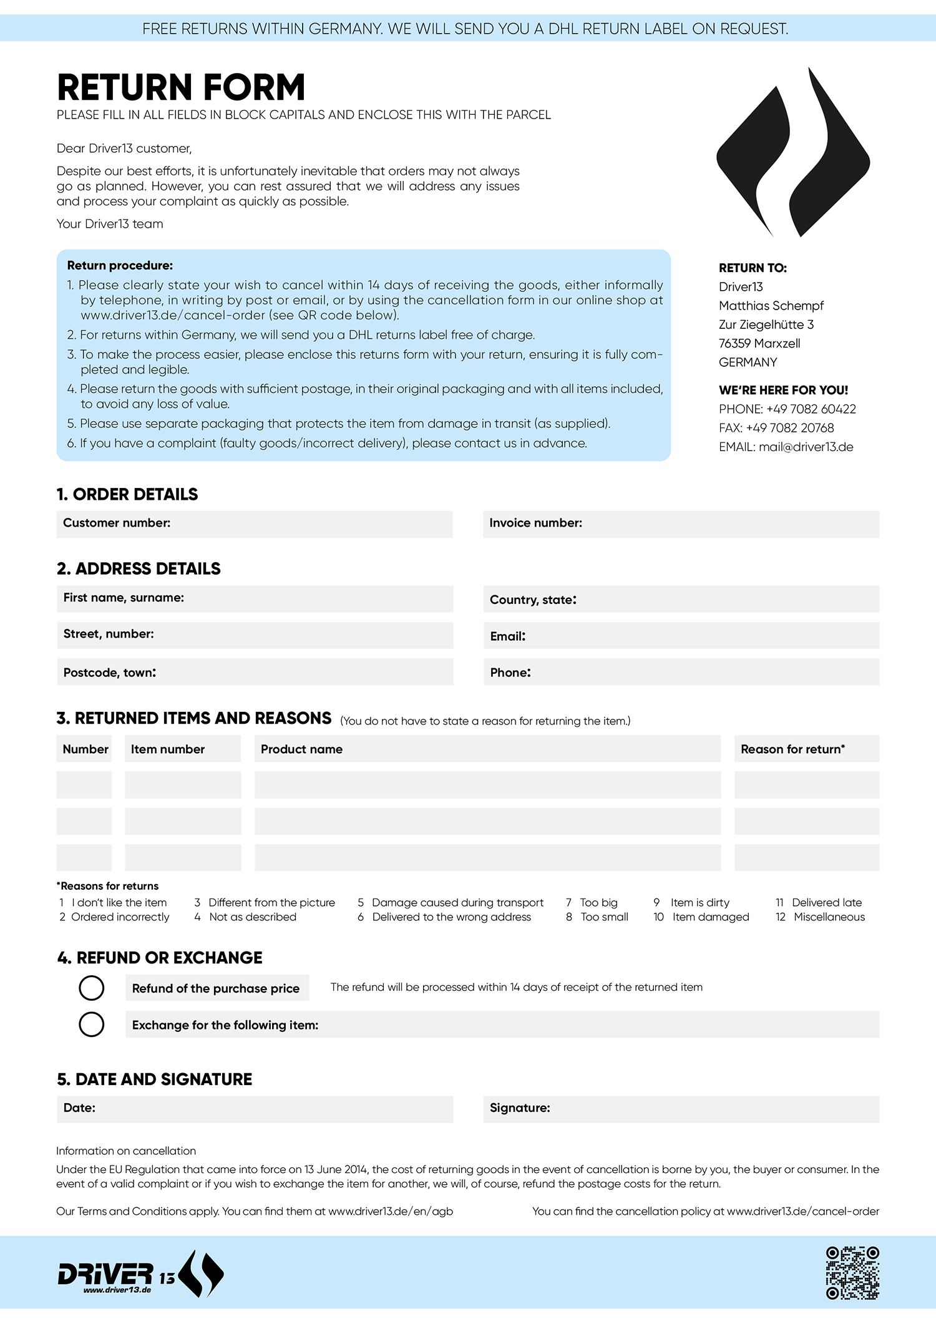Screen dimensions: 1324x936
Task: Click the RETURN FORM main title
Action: (x=181, y=87)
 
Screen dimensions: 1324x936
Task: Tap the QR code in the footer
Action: (x=852, y=1273)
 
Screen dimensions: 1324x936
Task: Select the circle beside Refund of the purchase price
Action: (x=92, y=988)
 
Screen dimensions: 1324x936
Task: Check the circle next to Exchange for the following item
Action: (x=92, y=1025)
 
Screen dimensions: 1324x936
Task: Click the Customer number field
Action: (x=255, y=524)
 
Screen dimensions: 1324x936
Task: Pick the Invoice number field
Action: (x=681, y=524)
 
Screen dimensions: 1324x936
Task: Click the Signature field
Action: (x=681, y=1109)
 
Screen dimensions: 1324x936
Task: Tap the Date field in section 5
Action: (x=255, y=1109)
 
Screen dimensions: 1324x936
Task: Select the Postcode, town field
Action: (x=255, y=672)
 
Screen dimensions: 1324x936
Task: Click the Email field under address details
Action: (x=681, y=636)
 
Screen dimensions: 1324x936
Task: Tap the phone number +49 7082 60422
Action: (x=811, y=409)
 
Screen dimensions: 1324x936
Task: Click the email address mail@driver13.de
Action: (x=806, y=447)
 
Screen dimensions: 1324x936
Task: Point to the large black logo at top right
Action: (x=793, y=153)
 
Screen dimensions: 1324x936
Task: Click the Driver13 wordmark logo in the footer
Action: (x=140, y=1275)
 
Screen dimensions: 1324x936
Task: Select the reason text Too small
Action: (x=604, y=917)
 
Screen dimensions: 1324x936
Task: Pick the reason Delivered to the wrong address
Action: (x=451, y=917)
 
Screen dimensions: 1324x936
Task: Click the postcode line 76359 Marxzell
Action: (x=759, y=343)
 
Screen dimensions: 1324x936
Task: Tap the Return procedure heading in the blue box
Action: (x=120, y=265)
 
